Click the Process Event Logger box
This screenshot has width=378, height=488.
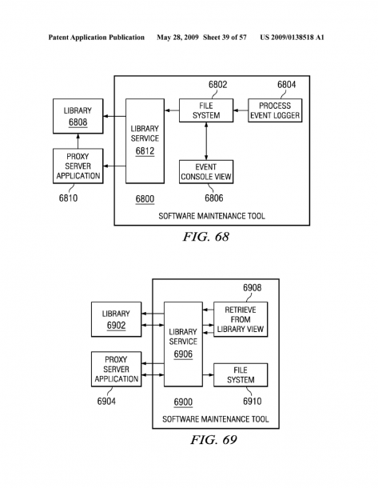[275, 110]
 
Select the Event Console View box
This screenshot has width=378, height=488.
[206, 172]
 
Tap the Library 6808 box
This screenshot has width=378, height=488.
[78, 116]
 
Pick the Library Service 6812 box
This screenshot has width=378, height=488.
[145, 141]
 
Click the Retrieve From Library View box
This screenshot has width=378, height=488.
[241, 319]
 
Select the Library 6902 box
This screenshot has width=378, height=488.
[116, 319]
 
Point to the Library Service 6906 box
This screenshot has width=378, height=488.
[183, 344]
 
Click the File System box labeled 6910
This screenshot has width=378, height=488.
[241, 374]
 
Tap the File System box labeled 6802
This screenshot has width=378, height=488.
[206, 110]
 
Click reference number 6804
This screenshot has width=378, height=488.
[287, 84]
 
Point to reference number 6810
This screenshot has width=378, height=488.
[68, 198]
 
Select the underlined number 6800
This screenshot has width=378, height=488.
[145, 199]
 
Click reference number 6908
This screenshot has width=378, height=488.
[252, 287]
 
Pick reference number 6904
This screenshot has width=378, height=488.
[106, 401]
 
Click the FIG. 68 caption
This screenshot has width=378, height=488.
[206, 237]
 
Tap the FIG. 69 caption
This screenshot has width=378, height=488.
[213, 440]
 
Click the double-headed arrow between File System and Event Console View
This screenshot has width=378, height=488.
[206, 141]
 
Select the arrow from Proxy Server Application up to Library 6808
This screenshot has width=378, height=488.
[78, 141]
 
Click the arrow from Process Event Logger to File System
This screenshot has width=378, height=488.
[241, 110]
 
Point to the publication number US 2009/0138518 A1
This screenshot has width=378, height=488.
[292, 38]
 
